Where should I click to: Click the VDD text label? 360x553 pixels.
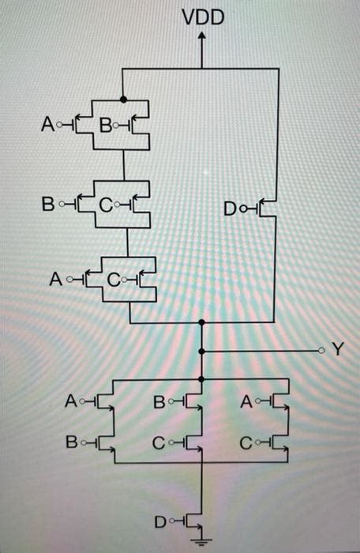203,15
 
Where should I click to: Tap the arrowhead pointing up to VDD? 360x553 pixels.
203,36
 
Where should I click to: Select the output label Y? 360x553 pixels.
338,349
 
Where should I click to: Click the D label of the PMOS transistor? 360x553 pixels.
230,209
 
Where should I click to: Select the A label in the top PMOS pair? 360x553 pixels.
47,123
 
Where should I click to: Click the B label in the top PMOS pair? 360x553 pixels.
105,123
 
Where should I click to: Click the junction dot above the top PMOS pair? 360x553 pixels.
124,100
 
